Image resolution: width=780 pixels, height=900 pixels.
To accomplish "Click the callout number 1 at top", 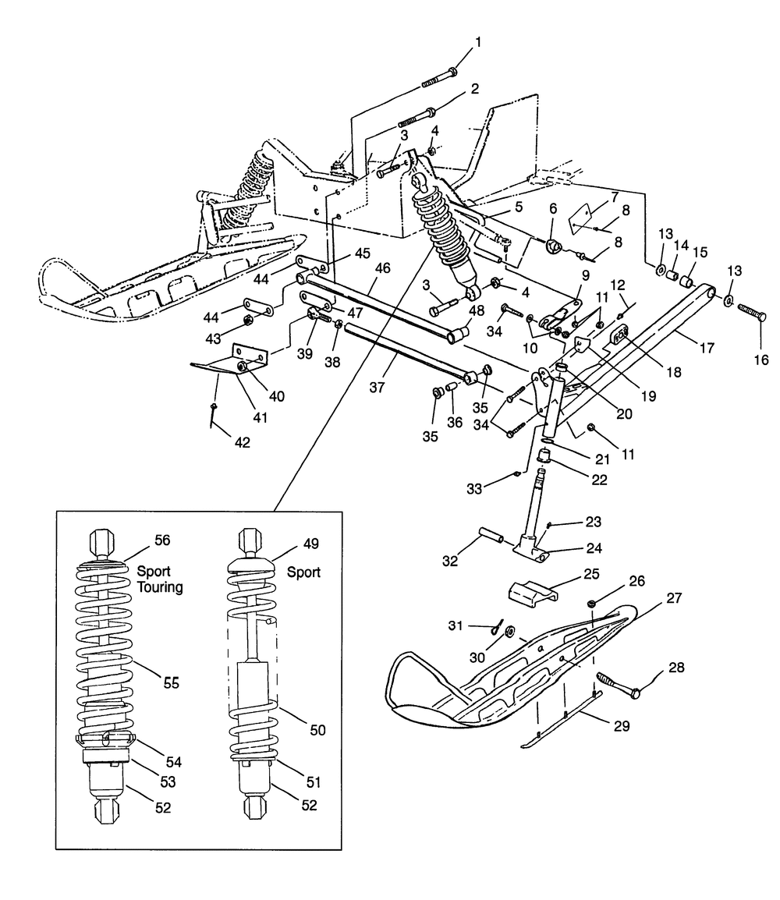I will click(x=479, y=42).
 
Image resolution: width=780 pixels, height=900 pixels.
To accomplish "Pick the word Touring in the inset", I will click(x=160, y=587).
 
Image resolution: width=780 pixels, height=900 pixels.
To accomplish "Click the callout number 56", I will click(x=161, y=540).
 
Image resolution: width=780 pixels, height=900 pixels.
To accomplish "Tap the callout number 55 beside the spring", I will click(x=171, y=682).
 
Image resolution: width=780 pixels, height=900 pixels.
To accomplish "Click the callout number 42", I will click(x=242, y=442).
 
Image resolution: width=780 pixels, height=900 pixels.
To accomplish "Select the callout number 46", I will click(x=381, y=268).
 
